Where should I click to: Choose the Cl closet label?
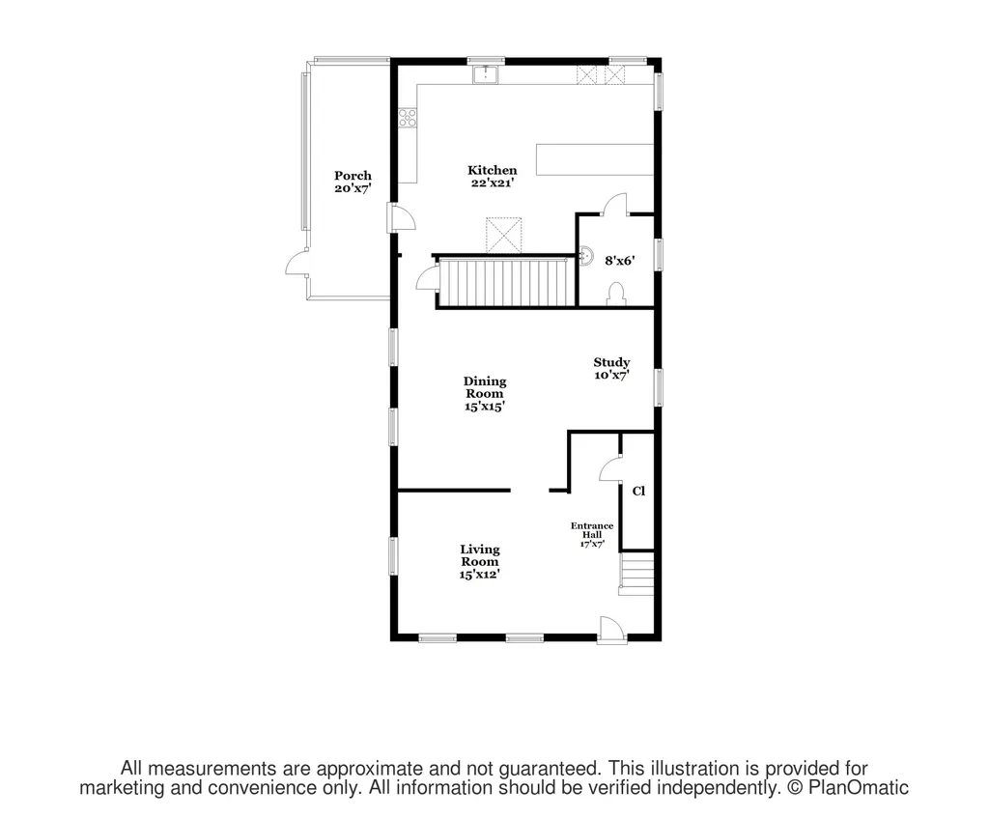[638, 491]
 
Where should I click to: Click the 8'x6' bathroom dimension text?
[619, 260]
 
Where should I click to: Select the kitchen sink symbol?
[486, 74]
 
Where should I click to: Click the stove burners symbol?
[408, 117]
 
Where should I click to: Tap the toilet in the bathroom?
[615, 294]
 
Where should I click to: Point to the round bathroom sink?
[586, 255]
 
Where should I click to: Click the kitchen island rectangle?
[595, 159]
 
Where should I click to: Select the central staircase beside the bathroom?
[507, 282]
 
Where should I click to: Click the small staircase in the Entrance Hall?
[636, 574]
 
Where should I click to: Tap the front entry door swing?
[611, 629]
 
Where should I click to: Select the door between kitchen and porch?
[402, 217]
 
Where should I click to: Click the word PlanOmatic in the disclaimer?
[859, 788]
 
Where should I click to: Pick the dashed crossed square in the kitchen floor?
[504, 235]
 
